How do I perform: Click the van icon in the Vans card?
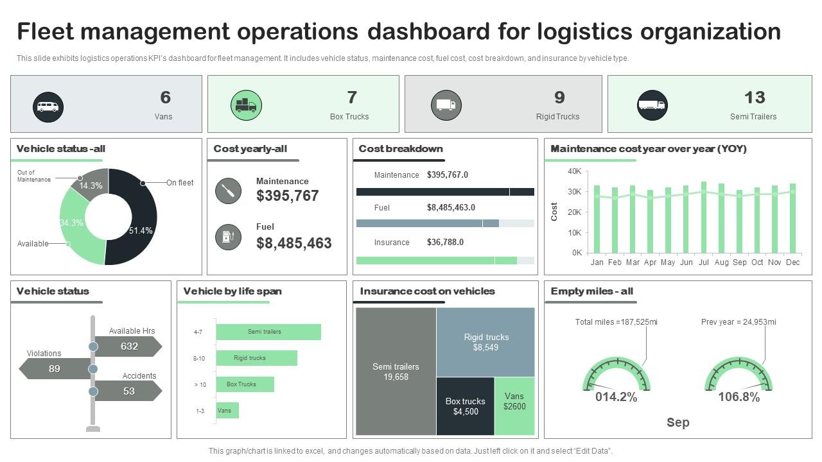[48, 107]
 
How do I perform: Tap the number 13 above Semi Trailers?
[755, 98]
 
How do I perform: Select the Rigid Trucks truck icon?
[446, 105]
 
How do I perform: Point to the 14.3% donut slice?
[90, 184]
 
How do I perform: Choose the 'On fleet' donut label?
[180, 183]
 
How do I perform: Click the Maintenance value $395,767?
[287, 196]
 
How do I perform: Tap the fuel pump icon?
[228, 237]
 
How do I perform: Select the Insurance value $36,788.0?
[445, 242]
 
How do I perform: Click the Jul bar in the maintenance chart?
[703, 217]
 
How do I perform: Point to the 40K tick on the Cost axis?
[574, 171]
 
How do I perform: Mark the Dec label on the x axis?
[792, 262]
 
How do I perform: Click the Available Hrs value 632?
[129, 346]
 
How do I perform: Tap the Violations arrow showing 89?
[55, 369]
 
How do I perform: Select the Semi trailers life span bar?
[268, 332]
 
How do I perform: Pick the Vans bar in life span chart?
[227, 411]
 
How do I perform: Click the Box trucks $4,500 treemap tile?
[466, 406]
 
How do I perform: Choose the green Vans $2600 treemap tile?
[514, 406]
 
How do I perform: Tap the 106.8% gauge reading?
[739, 397]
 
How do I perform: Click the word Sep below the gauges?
[678, 423]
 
